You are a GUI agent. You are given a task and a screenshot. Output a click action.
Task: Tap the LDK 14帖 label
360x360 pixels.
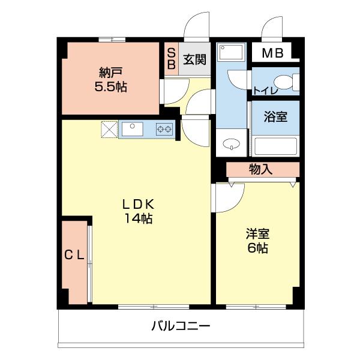coord(139,211)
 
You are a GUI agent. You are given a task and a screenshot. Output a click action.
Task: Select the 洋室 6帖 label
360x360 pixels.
coord(256,241)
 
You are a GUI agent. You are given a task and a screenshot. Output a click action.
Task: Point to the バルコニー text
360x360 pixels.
coord(180,326)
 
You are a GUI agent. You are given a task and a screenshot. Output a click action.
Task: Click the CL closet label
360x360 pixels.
coord(74,254)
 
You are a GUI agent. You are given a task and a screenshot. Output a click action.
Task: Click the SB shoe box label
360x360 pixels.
coord(171,59)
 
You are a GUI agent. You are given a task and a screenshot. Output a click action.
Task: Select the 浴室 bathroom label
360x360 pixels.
coord(275,116)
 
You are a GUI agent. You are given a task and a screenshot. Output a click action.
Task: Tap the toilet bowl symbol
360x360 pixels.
coord(285,81)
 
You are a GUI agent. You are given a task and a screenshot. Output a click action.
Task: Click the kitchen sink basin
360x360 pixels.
coord(132,129)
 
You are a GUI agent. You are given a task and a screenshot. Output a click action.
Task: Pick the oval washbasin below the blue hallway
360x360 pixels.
coord(230,145)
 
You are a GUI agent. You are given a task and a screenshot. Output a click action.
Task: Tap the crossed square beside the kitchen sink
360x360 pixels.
coord(110,129)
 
